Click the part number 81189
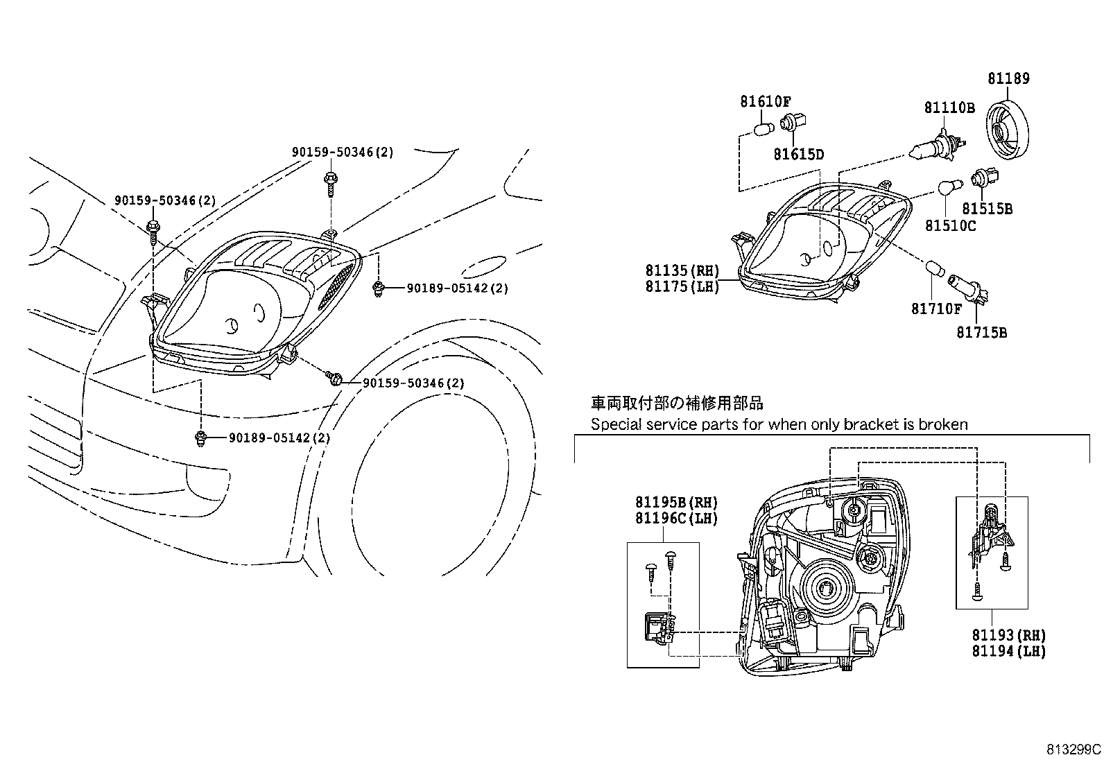point(1008,79)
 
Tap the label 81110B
point(949,108)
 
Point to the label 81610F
point(765,102)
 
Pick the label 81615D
point(798,154)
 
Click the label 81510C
point(950,225)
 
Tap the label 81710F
point(936,309)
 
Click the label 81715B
point(981,333)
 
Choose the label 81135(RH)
point(682,271)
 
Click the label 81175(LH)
point(682,286)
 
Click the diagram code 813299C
point(1073,750)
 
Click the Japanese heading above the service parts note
point(677,403)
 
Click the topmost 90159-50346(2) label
point(342,152)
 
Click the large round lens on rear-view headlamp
point(825,589)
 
